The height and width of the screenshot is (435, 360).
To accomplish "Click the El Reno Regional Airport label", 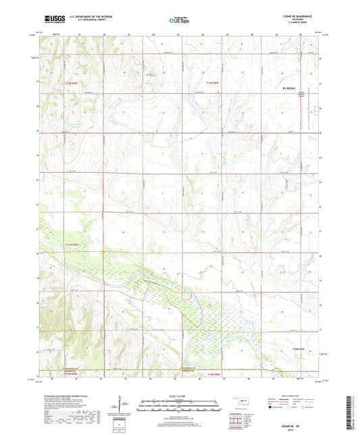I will coord(303,95).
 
